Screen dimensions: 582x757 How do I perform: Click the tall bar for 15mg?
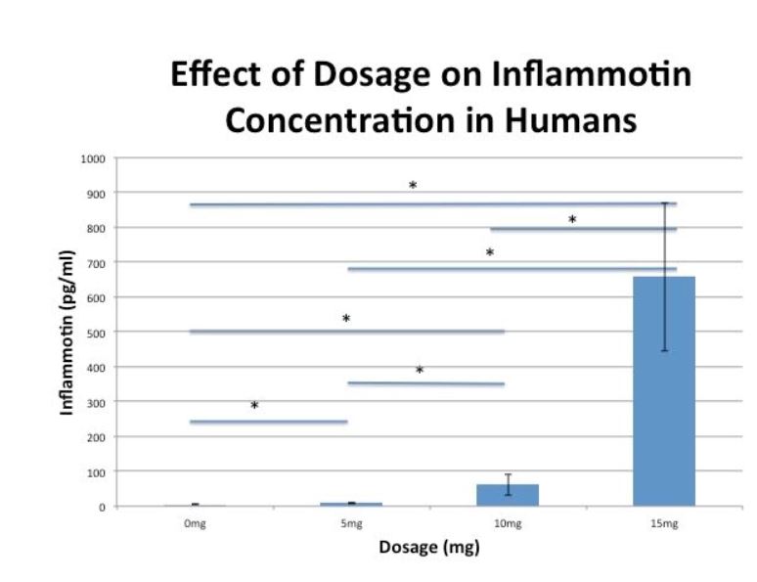[x=664, y=391]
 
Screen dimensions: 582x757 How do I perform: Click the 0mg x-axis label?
[x=195, y=525]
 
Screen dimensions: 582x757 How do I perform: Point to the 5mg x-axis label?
[x=351, y=525]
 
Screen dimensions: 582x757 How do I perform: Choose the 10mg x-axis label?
[x=508, y=525]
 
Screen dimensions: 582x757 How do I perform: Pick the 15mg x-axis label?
[x=664, y=525]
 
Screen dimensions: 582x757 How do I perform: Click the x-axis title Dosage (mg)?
[x=429, y=548]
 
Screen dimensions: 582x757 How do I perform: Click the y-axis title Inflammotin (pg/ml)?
[x=67, y=333]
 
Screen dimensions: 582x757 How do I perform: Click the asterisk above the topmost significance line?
[x=413, y=186]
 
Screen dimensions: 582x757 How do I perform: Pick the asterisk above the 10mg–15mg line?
[x=572, y=220]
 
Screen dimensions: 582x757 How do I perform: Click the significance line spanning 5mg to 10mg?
[x=426, y=383]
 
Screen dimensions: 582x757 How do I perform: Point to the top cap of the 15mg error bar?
[x=664, y=203]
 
